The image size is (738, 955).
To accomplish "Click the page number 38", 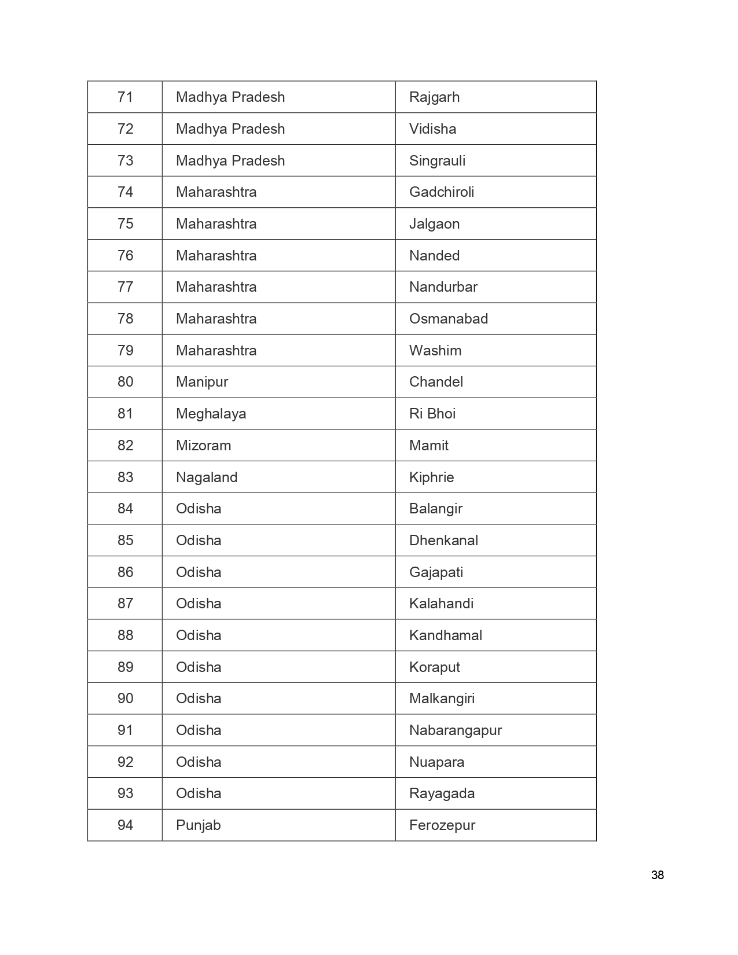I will click(657, 875).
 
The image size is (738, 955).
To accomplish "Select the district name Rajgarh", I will click(434, 97).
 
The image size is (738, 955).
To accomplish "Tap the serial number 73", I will click(125, 160).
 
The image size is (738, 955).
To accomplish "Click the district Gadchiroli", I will click(441, 192).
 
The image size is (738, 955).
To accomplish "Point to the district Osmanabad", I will click(448, 319).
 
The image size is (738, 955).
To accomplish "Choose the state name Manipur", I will click(202, 382).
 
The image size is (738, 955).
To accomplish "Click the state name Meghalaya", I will click(211, 414).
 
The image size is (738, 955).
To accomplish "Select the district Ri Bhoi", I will click(432, 414).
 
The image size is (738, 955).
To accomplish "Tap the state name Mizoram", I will click(203, 446).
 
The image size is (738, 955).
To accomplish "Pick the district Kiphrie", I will click(431, 477).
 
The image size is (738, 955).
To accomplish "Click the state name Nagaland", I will click(207, 477).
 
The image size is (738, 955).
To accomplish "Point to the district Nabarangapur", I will click(455, 730).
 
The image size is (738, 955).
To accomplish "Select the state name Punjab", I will click(198, 825).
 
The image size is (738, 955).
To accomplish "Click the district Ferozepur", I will click(442, 825).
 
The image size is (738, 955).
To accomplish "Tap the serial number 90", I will click(125, 699).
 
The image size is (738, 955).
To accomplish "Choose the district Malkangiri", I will click(442, 699).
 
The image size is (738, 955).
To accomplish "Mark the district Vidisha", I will click(432, 129).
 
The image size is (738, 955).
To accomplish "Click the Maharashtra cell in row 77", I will click(216, 287).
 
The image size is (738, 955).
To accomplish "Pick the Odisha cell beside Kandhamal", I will click(199, 636).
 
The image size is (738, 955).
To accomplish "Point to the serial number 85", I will click(125, 541).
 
